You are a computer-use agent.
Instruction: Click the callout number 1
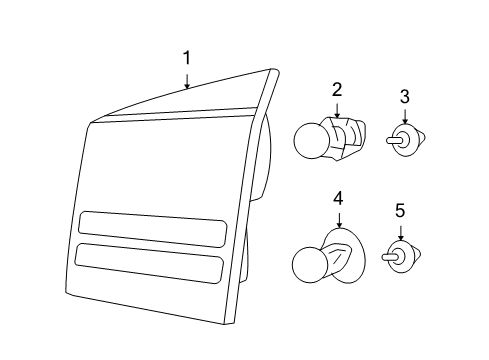click(x=186, y=58)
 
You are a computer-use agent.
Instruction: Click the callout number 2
click(x=337, y=89)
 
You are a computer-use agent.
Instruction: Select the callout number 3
click(x=404, y=97)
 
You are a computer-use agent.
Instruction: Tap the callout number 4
click(x=339, y=197)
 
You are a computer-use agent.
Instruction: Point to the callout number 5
click(x=400, y=211)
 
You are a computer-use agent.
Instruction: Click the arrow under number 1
click(x=186, y=80)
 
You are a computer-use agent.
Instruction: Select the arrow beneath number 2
click(x=337, y=112)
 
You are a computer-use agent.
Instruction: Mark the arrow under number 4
click(x=339, y=220)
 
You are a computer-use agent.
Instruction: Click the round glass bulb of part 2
click(x=312, y=140)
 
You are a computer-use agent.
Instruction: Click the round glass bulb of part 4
click(x=310, y=263)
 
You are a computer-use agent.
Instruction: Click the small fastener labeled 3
click(x=402, y=140)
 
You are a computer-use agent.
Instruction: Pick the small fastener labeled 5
click(x=400, y=255)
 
